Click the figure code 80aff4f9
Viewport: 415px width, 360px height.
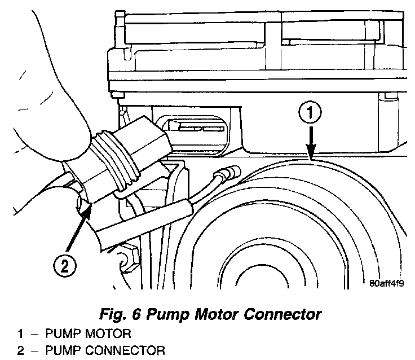(388, 283)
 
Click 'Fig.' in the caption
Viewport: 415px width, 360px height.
(113, 313)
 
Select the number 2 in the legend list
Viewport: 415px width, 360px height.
(20, 352)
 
